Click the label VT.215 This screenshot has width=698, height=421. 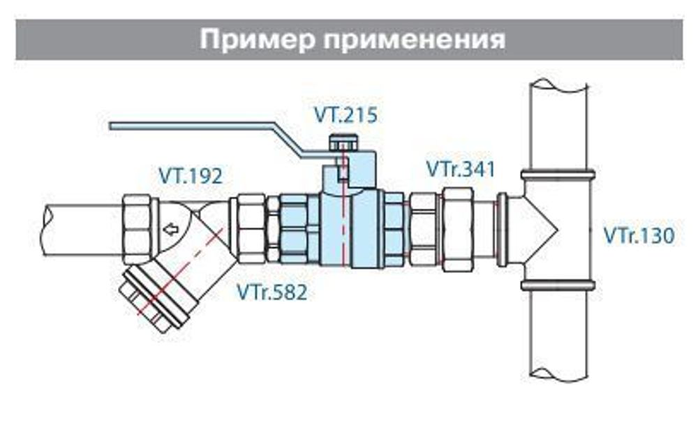(344, 115)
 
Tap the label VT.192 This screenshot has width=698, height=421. (190, 176)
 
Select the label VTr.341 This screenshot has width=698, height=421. (460, 169)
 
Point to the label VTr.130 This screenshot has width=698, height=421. (639, 236)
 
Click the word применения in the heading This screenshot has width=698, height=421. (412, 39)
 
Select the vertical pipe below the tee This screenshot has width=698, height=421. (558, 335)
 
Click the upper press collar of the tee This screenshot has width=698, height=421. (558, 174)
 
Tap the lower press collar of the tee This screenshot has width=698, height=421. (558, 285)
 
